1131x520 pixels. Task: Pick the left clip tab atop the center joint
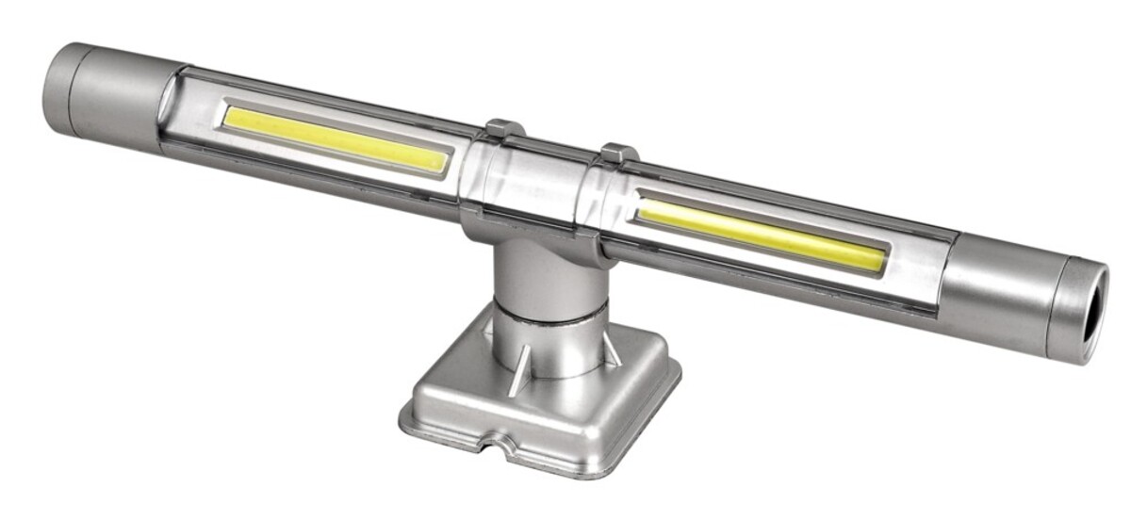502,129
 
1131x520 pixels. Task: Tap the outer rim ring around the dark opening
1074,300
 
